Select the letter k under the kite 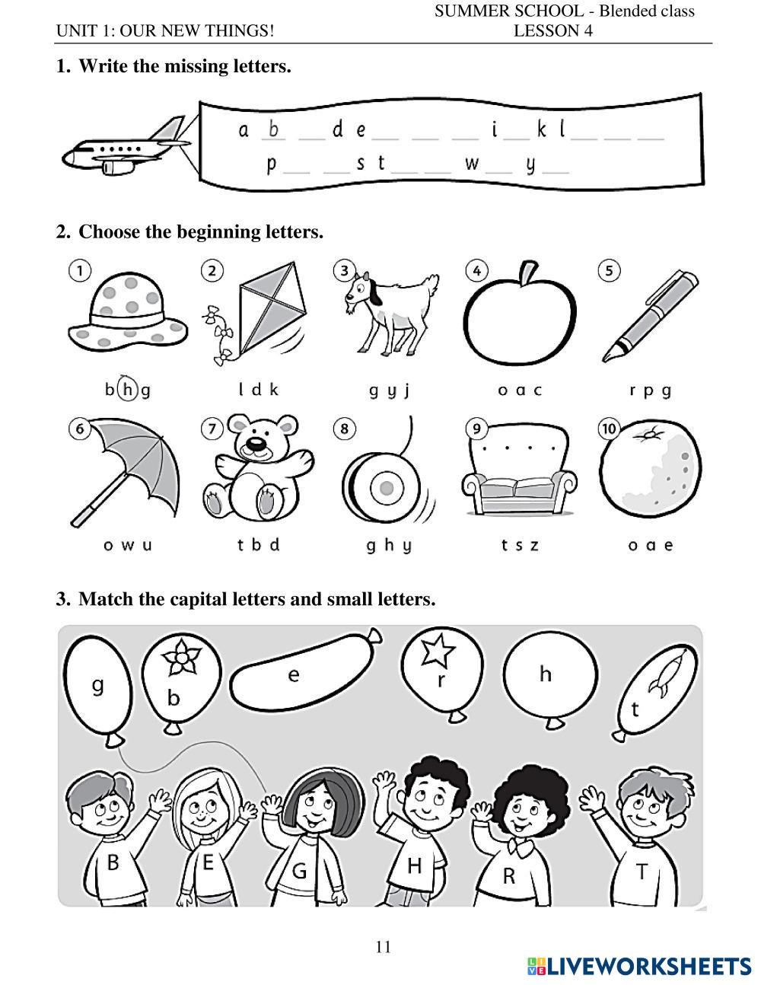[274, 389]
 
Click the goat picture [390, 314]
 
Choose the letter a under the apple [521, 390]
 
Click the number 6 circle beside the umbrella [80, 429]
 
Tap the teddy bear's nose [256, 444]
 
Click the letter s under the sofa [520, 545]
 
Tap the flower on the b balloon [181, 657]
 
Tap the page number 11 [384, 947]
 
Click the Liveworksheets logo [639, 966]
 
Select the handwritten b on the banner [273, 129]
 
